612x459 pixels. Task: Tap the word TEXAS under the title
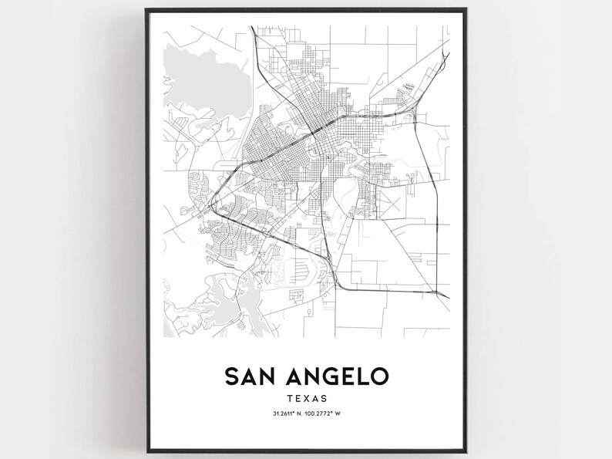(x=306, y=399)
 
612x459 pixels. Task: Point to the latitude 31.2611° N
(x=286, y=417)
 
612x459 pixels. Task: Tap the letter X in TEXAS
(x=306, y=399)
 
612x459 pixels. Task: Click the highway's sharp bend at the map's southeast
(x=440, y=293)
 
